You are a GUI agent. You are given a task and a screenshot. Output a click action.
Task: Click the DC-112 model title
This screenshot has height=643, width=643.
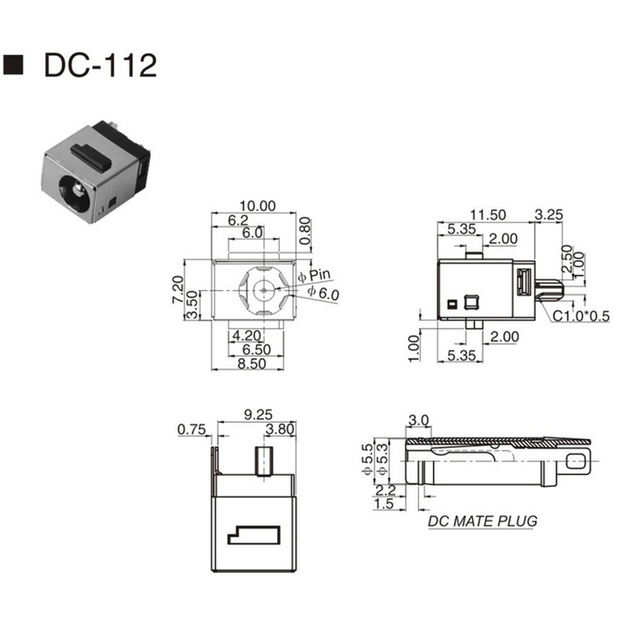tap(99, 64)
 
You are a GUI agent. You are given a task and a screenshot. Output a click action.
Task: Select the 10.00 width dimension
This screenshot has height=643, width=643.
tap(256, 206)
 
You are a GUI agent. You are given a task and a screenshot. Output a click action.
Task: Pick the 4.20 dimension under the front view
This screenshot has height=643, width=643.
tap(248, 337)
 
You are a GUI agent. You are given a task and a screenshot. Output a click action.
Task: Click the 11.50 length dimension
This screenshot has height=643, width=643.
tap(487, 214)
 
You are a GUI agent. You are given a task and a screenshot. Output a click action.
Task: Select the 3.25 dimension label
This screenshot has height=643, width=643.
tap(548, 214)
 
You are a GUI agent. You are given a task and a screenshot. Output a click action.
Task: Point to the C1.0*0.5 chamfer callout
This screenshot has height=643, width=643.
tap(580, 316)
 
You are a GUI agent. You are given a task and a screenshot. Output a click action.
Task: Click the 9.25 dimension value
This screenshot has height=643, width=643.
tap(257, 414)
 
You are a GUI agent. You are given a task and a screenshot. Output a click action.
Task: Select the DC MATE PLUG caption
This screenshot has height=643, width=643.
tap(483, 520)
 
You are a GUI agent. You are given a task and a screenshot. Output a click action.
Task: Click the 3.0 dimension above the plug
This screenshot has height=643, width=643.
tap(419, 420)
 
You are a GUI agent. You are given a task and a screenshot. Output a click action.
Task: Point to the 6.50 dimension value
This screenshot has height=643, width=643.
tap(257, 350)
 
